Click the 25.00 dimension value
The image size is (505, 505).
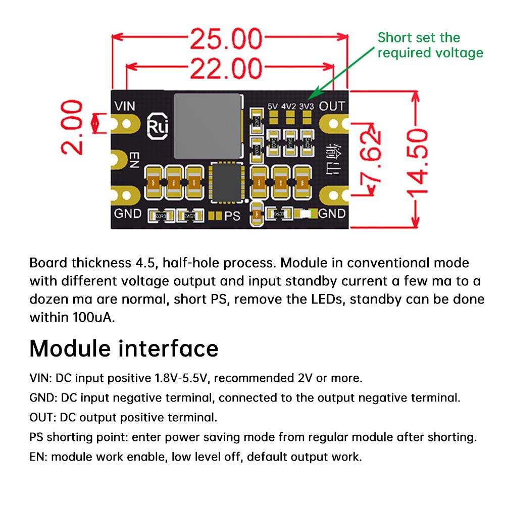[226, 40]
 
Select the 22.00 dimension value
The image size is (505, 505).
[225, 68]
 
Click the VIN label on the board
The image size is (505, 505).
[126, 107]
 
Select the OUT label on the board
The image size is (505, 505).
[332, 106]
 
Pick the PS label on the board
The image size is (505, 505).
[232, 216]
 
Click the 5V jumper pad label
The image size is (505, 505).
[273, 107]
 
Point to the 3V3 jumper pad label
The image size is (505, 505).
[306, 107]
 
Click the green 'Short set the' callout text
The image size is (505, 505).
[419, 38]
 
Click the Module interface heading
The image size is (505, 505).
[124, 348]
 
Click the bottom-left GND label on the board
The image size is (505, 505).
[127, 213]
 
